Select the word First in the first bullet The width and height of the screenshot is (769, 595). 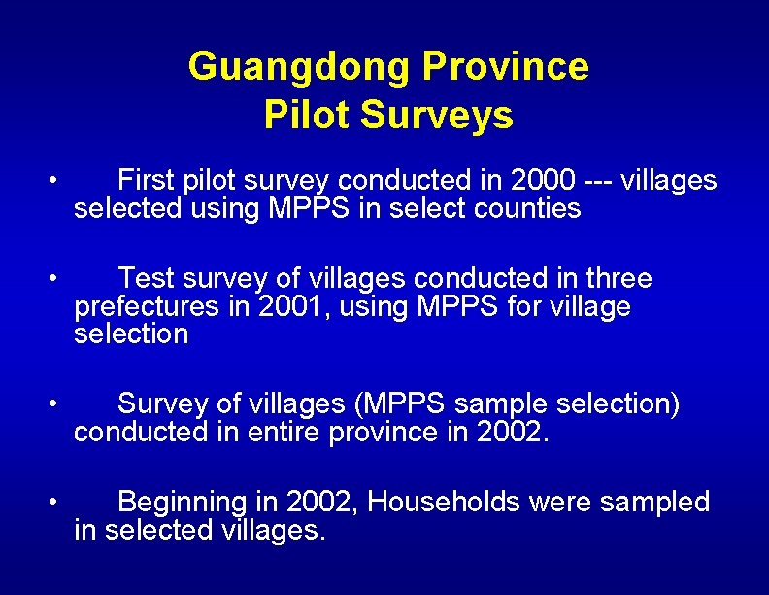tap(146, 180)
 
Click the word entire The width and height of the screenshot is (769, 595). tap(284, 432)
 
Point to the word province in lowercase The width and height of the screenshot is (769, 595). tap(384, 432)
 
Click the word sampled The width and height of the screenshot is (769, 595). tap(655, 502)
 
